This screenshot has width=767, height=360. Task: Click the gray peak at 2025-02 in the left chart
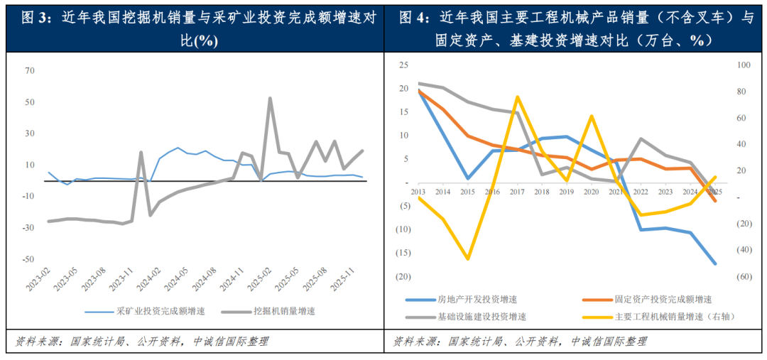click(270, 99)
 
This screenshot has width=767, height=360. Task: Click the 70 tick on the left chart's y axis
click(29, 71)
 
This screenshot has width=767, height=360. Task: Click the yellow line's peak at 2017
click(517, 97)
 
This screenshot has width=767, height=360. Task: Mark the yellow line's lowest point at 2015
click(468, 259)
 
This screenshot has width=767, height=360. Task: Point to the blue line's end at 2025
click(714, 263)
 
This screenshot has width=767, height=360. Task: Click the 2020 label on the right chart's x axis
click(591, 192)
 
